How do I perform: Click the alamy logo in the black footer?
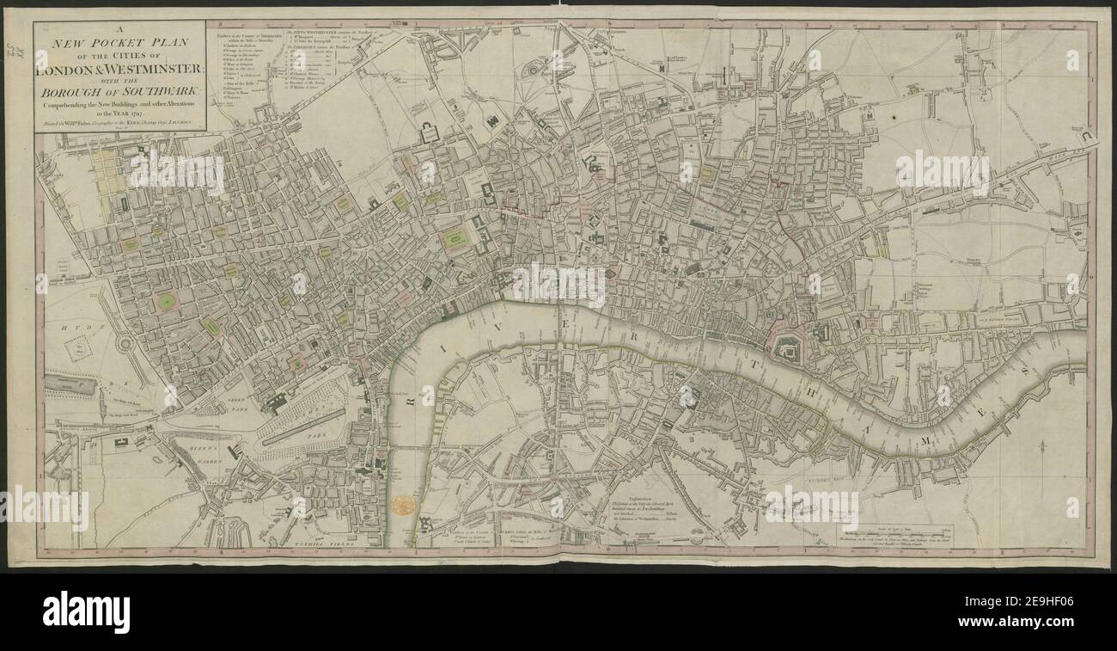click(86, 611)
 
